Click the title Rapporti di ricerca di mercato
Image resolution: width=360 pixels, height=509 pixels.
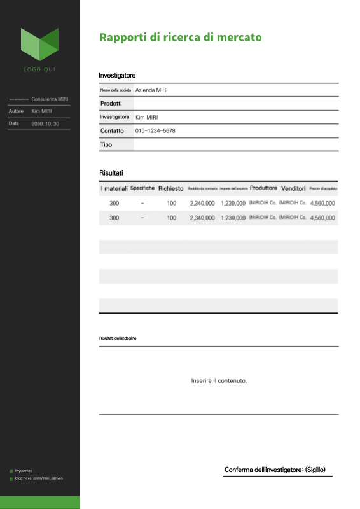coord(180,38)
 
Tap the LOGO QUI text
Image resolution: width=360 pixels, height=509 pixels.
coord(39,69)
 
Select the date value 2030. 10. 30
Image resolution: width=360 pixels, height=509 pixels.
coord(45,123)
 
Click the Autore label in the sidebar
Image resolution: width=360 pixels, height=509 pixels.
coord(16,111)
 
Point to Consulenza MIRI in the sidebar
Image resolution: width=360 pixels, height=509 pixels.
coord(50,99)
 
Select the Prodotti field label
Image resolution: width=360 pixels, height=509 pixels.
coord(111,104)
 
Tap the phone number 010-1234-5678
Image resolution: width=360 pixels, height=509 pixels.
coord(155,130)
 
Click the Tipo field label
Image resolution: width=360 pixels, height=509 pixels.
coord(106,144)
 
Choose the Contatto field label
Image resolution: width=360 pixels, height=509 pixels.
coord(112,130)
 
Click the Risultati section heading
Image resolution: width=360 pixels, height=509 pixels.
coord(111,173)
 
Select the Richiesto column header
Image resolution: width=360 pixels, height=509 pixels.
coord(170,188)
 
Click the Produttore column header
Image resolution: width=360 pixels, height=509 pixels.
coord(263,188)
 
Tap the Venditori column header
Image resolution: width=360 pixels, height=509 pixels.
coord(293,188)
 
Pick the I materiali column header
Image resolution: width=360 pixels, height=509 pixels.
coord(114,188)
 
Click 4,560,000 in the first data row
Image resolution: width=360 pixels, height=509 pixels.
coord(322,203)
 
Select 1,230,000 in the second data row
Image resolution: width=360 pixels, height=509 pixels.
coord(233,218)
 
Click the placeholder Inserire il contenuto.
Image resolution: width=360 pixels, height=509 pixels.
coord(219,381)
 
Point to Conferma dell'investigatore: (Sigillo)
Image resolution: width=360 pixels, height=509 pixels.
coord(275,470)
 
